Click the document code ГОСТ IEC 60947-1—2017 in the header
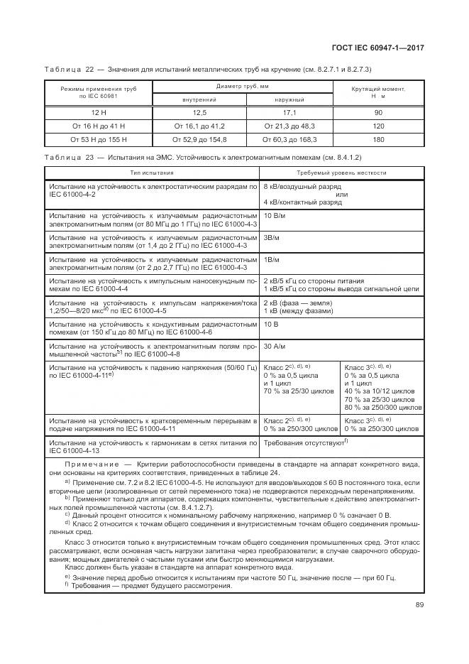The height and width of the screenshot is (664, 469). (x=383, y=47)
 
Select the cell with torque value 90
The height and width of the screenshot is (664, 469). (x=378, y=112)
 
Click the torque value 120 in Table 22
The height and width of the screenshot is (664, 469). (x=378, y=126)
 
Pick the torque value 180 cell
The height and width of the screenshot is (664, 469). (x=378, y=139)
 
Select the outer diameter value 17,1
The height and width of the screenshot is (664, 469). (x=289, y=112)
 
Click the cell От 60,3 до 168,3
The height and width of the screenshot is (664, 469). (x=289, y=139)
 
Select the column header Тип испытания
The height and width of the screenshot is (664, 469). (x=151, y=173)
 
